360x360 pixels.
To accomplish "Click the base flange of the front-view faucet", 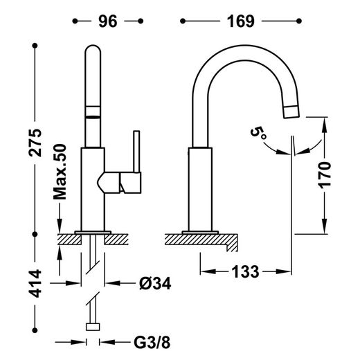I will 93,231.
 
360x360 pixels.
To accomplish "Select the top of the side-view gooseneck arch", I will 235,50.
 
